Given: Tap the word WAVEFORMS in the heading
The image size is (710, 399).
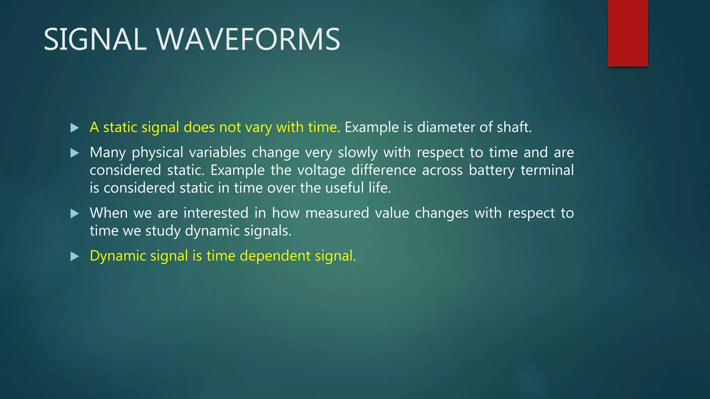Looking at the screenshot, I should (x=248, y=39).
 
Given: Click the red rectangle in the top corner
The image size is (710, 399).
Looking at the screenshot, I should (x=627, y=33).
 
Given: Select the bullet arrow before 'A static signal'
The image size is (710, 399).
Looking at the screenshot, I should (x=75, y=128).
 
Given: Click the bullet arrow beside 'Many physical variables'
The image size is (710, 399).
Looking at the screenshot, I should (x=75, y=153).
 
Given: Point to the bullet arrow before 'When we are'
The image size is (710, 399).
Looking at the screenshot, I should (x=75, y=213).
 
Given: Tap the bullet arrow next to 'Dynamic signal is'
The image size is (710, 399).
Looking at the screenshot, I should (x=75, y=256).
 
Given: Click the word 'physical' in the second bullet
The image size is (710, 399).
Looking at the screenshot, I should (x=157, y=153).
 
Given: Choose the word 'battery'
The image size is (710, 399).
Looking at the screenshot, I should (x=492, y=171).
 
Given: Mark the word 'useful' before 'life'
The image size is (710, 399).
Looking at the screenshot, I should (x=345, y=188).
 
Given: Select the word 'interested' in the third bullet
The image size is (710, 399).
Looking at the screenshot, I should (x=216, y=213).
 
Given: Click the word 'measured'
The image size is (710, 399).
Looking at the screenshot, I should (x=337, y=213).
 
